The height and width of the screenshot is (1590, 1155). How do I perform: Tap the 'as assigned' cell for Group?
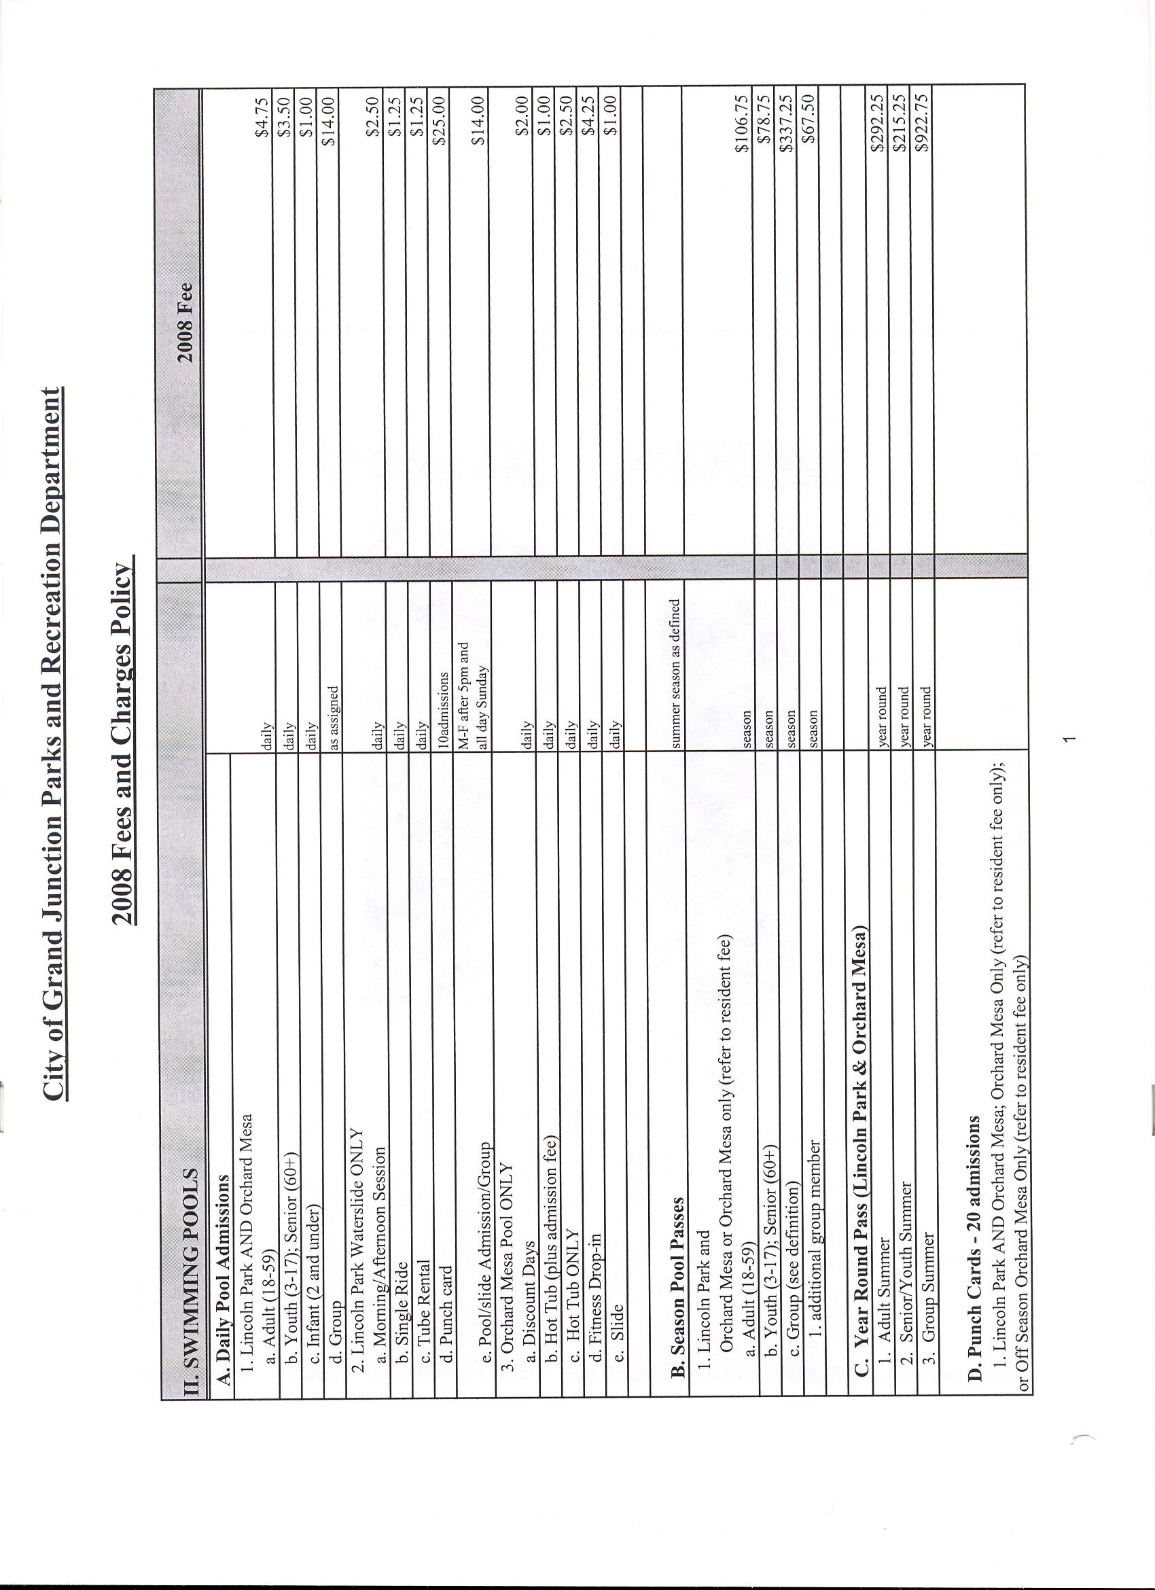click(x=332, y=719)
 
